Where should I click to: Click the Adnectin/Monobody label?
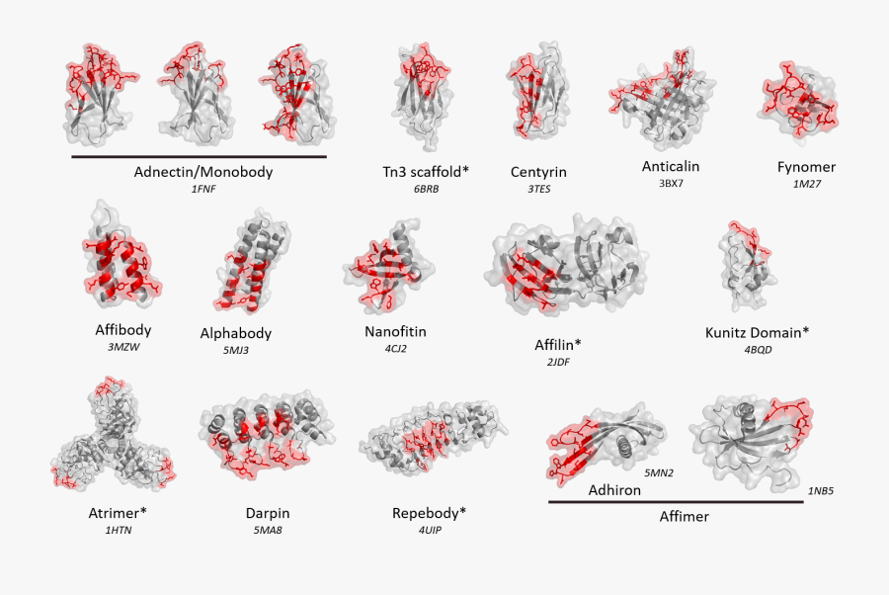[202, 172]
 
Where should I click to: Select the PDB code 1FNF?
[202, 189]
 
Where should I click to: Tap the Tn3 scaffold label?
[426, 171]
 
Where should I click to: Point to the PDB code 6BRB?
[426, 189]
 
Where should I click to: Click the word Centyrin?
[538, 172]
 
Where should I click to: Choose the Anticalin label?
[671, 166]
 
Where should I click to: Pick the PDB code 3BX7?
[671, 184]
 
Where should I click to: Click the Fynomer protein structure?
[798, 101]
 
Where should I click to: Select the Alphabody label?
[236, 333]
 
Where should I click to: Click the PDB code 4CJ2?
[396, 348]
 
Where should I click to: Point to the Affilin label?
[558, 344]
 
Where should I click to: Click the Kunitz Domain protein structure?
[748, 266]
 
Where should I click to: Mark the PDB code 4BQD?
[758, 350]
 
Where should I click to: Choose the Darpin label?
[268, 513]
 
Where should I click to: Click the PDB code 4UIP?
[430, 531]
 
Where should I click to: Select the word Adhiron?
[614, 490]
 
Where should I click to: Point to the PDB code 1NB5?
[821, 490]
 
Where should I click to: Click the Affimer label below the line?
[684, 517]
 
